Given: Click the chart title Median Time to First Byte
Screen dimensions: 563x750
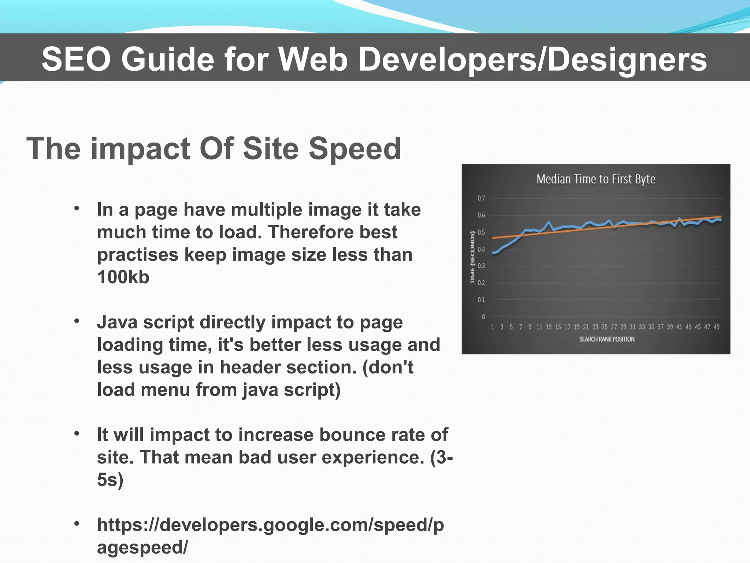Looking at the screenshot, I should point(595,179).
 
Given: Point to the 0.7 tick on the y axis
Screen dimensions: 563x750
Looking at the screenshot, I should point(481,198).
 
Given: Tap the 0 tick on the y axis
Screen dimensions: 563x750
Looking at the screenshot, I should point(483,317).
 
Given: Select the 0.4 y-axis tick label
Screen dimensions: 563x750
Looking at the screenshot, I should point(481,249).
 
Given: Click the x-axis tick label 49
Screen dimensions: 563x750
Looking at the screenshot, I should point(716,327).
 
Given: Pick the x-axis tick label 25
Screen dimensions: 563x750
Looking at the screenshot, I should point(604,327).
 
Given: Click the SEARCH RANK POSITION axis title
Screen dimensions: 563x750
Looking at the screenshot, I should point(607,339).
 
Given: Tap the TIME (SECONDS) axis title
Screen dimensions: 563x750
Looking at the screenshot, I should point(472,257).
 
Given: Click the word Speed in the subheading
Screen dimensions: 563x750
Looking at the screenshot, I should point(354,148).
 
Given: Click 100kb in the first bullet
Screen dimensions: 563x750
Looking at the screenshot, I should point(123,277).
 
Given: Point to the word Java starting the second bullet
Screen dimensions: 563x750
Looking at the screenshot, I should point(117,322).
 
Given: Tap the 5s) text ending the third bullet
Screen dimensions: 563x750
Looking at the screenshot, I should point(110,480).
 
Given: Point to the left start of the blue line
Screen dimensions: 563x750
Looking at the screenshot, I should point(493,253).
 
